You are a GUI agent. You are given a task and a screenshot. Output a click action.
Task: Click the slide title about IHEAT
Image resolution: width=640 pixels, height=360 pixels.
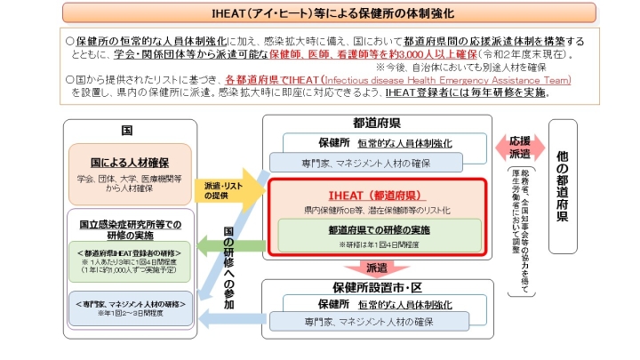(x=319, y=13)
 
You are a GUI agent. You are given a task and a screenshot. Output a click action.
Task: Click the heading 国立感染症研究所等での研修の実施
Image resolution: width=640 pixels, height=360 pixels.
(x=130, y=228)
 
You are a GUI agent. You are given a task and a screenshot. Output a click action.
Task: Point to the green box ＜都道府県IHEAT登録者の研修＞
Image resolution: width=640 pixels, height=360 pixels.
(x=130, y=261)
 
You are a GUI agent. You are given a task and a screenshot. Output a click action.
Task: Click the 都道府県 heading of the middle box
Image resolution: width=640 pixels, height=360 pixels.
(x=377, y=124)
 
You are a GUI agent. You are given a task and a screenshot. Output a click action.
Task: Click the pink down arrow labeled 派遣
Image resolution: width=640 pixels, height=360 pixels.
(x=377, y=267)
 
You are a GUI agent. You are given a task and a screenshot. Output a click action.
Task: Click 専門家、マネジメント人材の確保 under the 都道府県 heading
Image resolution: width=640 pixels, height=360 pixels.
(x=377, y=162)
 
